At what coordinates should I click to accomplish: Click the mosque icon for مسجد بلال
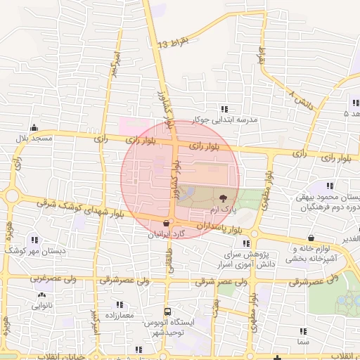[x=34, y=128]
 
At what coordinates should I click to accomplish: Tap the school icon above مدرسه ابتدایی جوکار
[x=224, y=108]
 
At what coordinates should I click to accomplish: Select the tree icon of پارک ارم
[x=224, y=198]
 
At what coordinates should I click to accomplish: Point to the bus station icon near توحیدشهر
[x=167, y=311]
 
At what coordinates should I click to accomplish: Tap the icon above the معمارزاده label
[x=120, y=304]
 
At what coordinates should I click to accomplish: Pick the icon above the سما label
[x=303, y=330]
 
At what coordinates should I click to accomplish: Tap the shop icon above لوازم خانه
[x=311, y=237]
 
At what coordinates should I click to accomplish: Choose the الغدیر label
[x=349, y=238]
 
